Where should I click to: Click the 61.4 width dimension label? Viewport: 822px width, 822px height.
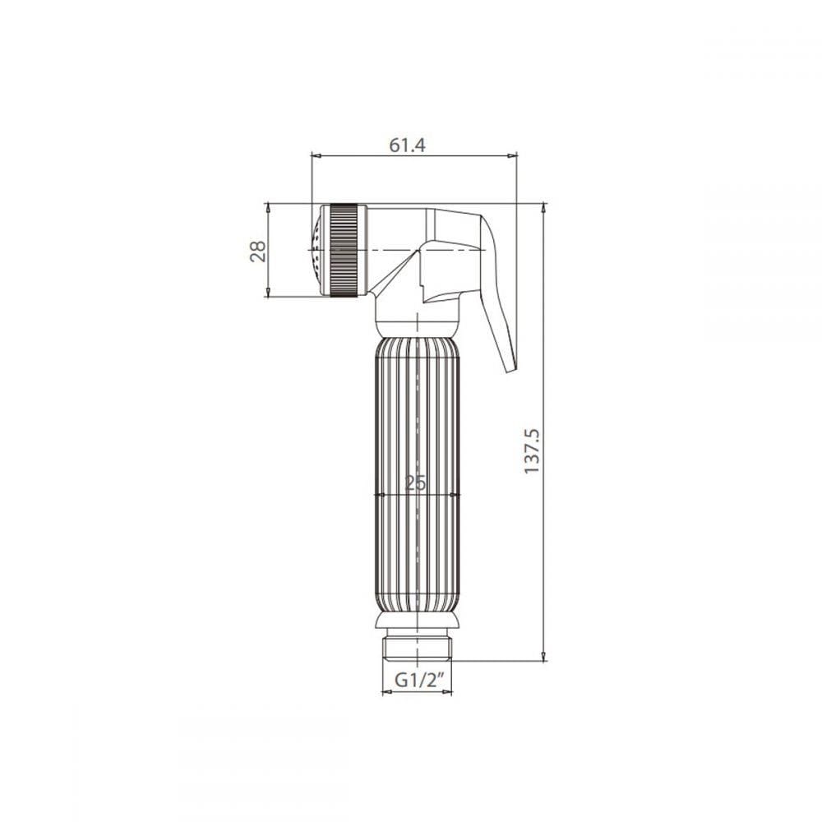[x=408, y=145]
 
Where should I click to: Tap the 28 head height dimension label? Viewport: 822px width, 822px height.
[x=258, y=251]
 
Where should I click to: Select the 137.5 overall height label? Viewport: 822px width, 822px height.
[x=532, y=450]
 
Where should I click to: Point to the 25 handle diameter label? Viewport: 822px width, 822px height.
[x=416, y=483]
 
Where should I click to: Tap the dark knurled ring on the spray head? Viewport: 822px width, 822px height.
[x=344, y=251]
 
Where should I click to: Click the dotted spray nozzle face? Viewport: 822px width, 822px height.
[x=316, y=251]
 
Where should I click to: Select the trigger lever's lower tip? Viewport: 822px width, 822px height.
[x=511, y=369]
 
